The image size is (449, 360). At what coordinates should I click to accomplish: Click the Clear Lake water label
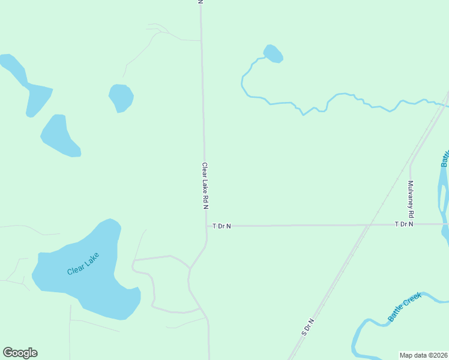(83, 264)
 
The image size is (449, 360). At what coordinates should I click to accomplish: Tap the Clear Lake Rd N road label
(205, 186)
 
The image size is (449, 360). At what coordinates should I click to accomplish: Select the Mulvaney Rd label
(411, 199)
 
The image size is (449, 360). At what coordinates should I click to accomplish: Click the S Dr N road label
(309, 327)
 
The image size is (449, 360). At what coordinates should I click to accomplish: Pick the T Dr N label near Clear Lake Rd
(221, 226)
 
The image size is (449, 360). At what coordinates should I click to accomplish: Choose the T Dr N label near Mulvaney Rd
(404, 224)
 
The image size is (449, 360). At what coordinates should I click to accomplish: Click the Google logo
(20, 353)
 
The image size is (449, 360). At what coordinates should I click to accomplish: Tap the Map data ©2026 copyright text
(424, 355)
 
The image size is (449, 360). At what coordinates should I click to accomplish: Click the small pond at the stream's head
(273, 53)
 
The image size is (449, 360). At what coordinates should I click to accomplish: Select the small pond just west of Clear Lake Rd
(121, 97)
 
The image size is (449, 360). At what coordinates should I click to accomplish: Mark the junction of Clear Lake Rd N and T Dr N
(206, 226)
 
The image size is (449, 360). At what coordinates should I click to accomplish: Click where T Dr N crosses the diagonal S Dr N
(367, 225)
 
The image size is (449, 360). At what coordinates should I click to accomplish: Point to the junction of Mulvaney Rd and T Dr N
(411, 224)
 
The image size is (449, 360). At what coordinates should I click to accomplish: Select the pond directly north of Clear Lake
(59, 135)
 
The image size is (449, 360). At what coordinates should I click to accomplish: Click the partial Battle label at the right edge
(445, 158)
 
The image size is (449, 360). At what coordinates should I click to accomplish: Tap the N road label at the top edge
(200, 2)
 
